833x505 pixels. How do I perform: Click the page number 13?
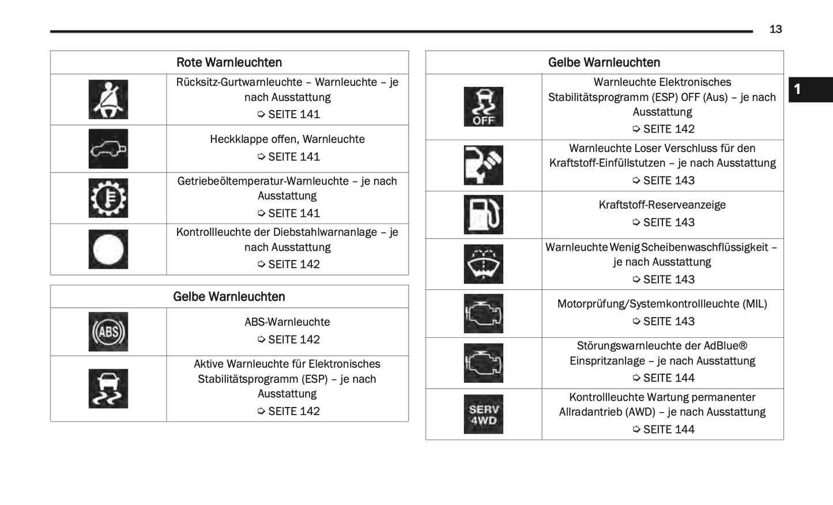[x=775, y=29]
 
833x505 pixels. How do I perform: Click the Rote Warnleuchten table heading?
[x=229, y=62]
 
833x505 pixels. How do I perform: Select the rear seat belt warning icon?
[x=108, y=100]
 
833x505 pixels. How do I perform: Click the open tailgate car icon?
[x=108, y=149]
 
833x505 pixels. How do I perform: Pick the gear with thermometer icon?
[x=108, y=198]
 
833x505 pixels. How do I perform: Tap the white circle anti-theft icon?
[x=108, y=250]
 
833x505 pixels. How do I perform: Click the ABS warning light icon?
[x=108, y=332]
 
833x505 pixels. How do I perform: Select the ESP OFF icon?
[x=483, y=107]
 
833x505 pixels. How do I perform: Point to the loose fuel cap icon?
[x=483, y=165]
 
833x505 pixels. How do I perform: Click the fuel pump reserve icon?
[x=483, y=214]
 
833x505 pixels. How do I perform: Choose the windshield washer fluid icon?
[x=483, y=264]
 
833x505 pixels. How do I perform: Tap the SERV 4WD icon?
[x=483, y=414]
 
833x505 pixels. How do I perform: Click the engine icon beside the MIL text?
[x=483, y=314]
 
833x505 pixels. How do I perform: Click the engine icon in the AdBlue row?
[x=483, y=363]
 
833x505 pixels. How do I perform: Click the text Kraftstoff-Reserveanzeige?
[x=662, y=205]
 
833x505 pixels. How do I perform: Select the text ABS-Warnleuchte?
[x=287, y=322]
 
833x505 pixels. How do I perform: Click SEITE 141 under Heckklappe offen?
[x=293, y=157]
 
